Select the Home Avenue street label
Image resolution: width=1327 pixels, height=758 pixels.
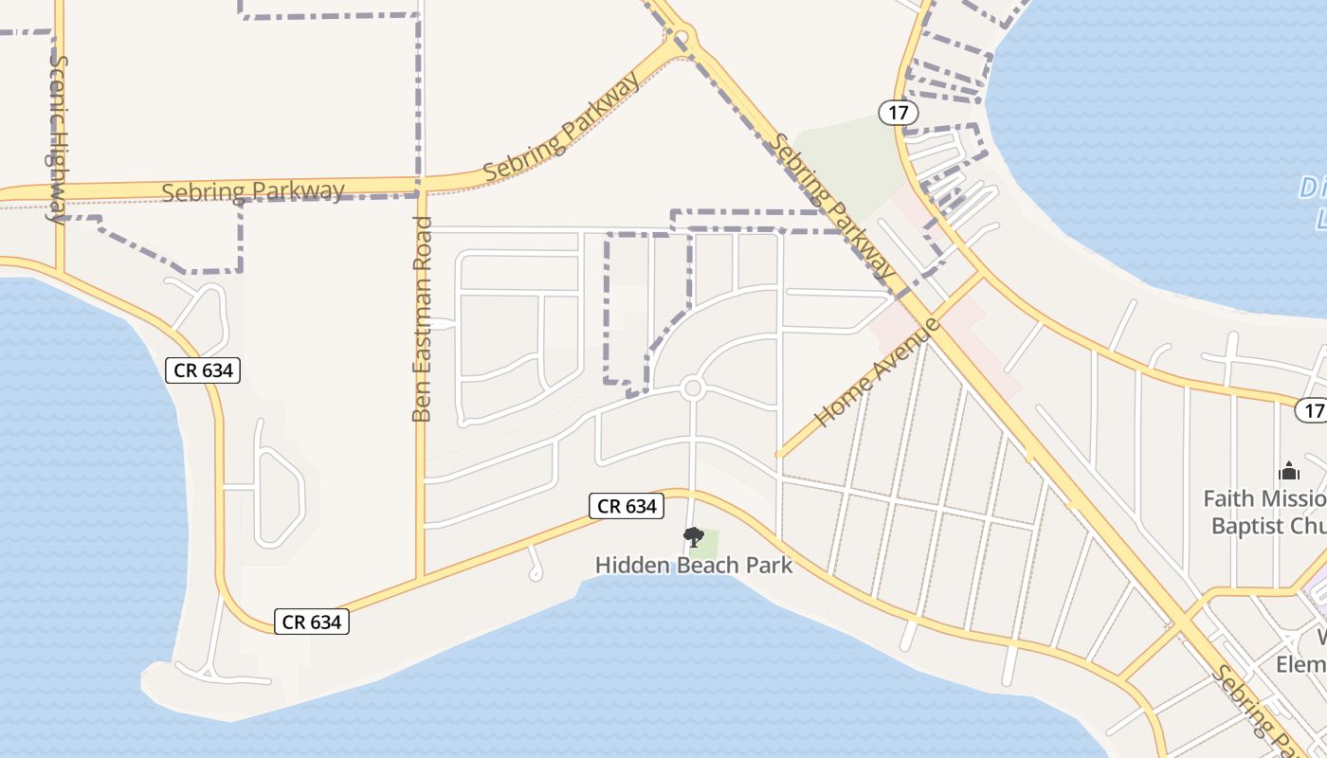(877, 372)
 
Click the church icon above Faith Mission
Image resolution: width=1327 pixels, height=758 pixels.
(1289, 471)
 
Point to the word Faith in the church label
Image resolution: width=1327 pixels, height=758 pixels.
(1227, 498)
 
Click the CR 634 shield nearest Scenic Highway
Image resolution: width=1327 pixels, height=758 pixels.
(203, 370)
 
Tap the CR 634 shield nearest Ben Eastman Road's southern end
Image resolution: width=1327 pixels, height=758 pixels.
(312, 622)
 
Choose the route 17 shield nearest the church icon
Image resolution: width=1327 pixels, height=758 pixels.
(1311, 410)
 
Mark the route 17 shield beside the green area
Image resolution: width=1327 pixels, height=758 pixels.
(899, 113)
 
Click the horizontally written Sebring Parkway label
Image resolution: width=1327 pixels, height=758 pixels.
(253, 190)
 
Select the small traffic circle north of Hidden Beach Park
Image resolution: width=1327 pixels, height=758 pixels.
(693, 388)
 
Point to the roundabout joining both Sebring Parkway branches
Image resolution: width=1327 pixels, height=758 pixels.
(682, 38)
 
